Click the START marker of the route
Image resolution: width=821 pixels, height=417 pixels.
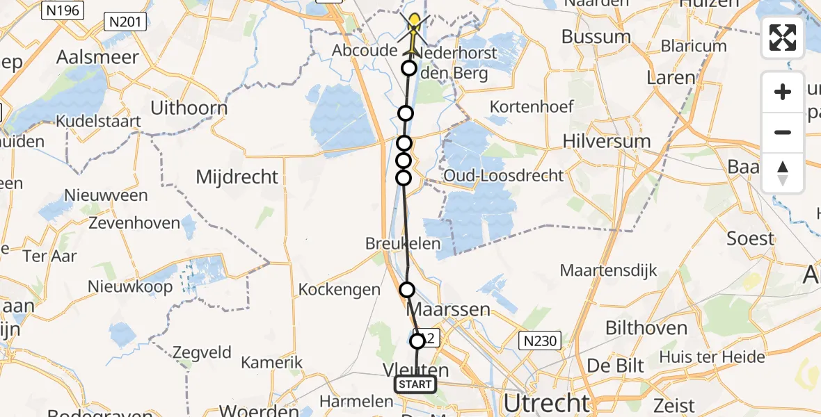pos(415,384)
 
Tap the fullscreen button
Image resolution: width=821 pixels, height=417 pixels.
pos(783,38)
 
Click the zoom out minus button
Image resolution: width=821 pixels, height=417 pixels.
pos(783,133)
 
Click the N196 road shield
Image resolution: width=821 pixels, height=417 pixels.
pos(63,10)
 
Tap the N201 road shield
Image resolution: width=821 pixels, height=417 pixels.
pos(126,22)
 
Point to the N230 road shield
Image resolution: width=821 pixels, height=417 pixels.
pos(541,340)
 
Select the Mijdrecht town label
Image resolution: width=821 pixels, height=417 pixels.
pos(237,177)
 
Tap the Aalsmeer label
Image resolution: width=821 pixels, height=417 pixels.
pos(98,57)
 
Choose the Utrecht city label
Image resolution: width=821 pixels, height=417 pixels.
pos(546,402)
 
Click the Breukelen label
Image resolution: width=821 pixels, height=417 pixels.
pos(404,243)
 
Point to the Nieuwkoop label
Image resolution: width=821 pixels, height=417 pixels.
pos(130,286)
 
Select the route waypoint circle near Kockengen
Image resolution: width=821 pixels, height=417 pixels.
pos(407,290)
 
